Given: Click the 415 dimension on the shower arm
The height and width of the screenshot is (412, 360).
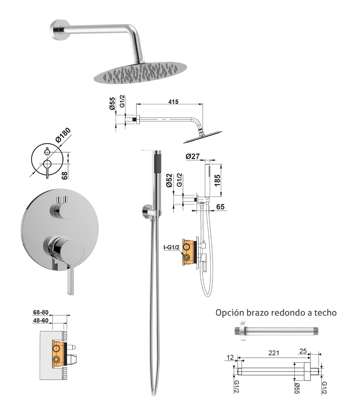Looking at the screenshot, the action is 173,102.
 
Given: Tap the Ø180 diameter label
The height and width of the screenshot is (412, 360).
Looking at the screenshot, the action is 63,135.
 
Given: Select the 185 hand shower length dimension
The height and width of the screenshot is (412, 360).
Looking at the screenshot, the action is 217,180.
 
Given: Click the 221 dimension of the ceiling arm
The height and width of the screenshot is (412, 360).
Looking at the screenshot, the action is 274,353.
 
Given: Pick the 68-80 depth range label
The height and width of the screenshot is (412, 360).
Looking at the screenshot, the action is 41,312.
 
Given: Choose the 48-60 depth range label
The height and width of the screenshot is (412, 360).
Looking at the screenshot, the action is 41,320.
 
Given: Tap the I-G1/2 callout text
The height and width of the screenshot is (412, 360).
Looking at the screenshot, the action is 171,247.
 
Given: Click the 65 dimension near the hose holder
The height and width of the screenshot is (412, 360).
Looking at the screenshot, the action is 220,207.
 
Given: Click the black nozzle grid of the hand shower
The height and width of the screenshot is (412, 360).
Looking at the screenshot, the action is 158,164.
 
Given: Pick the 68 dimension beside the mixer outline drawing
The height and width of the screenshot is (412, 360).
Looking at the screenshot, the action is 64,175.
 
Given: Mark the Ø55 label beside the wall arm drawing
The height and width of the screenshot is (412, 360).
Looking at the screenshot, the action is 112,104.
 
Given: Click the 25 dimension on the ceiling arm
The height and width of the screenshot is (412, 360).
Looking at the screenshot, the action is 303,351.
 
